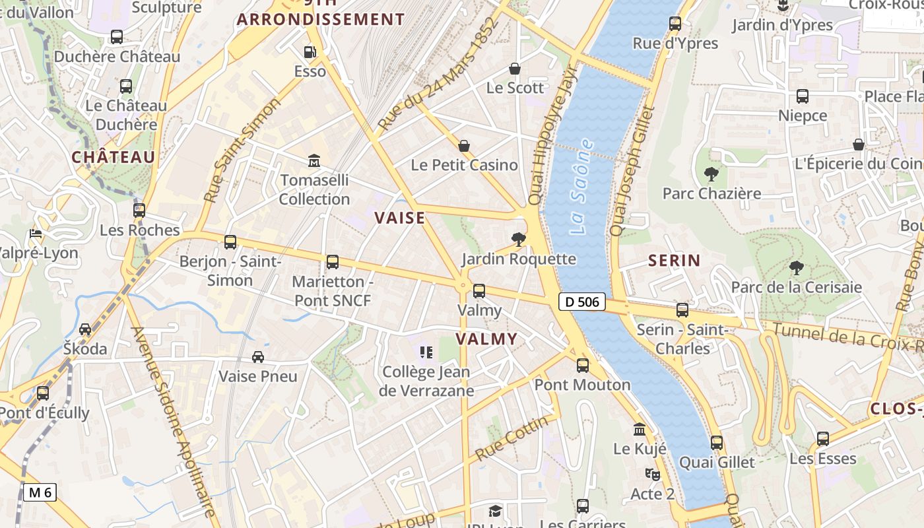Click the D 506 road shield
tap(581, 302)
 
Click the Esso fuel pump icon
tap(310, 52)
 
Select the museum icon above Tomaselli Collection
tap(314, 160)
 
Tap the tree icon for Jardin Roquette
tap(519, 240)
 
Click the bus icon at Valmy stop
tap(479, 290)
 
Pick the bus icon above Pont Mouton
tap(583, 365)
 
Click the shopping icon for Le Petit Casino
tap(464, 146)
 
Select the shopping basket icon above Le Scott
tap(515, 69)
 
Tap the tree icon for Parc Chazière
tap(711, 174)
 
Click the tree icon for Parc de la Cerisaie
tap(797, 267)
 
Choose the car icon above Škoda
tap(85, 329)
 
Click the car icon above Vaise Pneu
tap(258, 357)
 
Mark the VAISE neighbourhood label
tap(400, 218)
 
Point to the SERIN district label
tap(674, 261)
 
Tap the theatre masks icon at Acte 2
tap(652, 474)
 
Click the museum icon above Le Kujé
tap(640, 430)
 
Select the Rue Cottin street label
tap(511, 438)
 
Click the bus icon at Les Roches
tap(139, 211)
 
